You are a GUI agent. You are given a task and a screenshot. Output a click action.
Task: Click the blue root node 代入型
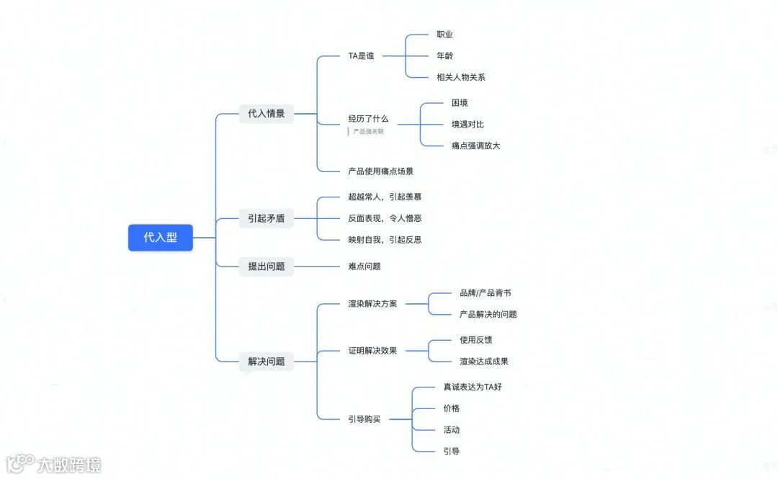(160, 237)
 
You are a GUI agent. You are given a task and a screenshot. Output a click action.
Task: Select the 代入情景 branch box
(266, 113)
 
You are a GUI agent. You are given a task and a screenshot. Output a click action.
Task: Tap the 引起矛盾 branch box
(266, 218)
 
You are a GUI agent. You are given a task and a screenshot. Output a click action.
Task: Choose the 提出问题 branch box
(266, 266)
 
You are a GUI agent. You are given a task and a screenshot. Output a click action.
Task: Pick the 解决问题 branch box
(266, 361)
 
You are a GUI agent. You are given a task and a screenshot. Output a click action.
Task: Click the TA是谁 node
(361, 55)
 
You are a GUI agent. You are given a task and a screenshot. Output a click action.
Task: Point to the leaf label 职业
(444, 34)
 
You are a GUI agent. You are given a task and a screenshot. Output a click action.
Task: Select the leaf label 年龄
(444, 55)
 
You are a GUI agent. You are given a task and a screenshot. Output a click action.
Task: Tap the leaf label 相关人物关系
(460, 77)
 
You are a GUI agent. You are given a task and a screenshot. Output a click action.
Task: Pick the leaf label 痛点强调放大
(475, 146)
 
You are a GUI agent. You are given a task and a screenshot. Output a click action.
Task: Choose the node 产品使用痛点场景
(380, 171)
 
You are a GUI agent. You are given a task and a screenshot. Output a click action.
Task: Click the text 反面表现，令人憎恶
(385, 218)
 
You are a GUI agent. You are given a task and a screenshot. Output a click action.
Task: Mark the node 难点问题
(365, 266)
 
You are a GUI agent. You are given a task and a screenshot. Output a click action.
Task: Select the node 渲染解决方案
(372, 303)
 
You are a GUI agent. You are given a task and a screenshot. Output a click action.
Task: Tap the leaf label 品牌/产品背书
(485, 292)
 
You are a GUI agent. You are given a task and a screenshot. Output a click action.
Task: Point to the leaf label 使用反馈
(475, 339)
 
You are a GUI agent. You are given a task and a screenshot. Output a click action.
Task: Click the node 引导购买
(365, 418)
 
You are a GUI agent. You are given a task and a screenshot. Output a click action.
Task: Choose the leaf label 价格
(451, 408)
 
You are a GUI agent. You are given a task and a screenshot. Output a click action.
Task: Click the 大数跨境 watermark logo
(53, 464)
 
